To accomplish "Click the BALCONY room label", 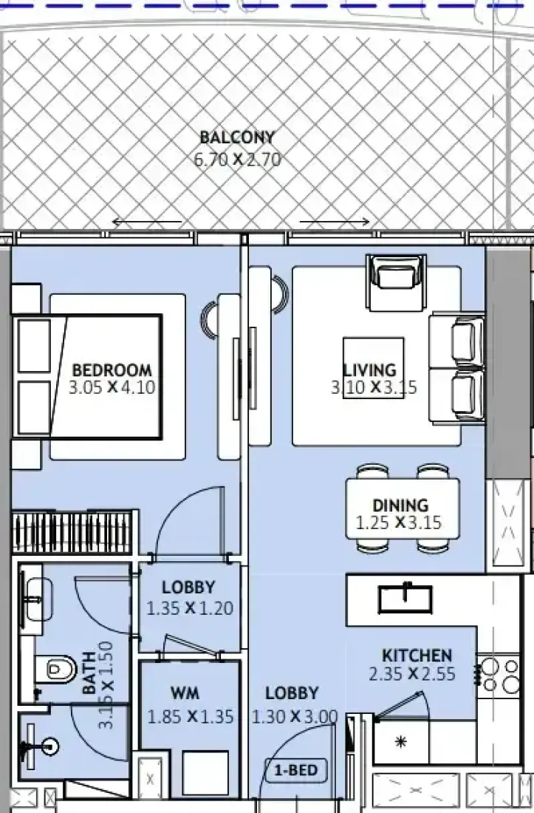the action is pos(236,137).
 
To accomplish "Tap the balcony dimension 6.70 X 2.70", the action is pos(237,159).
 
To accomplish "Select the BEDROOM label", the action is pos(112,370).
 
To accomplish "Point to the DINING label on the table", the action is pos(400,505).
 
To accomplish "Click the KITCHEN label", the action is pos(417,656).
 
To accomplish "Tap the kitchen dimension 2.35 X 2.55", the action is pos(412,674).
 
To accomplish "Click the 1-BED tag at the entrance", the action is pos(295,770).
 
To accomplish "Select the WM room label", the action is pos(185,693).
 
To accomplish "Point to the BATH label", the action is pos(89,673).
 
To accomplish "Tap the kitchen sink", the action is pos(405,599).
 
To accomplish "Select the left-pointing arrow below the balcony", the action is pos(147,222).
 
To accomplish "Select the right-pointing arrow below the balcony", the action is pos(335,222).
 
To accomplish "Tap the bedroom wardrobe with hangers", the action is pos(75,531).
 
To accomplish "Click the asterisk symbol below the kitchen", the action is pos(400,742).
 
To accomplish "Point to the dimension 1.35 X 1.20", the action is pos(190,608).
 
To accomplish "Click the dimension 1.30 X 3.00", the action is pos(295,717).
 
